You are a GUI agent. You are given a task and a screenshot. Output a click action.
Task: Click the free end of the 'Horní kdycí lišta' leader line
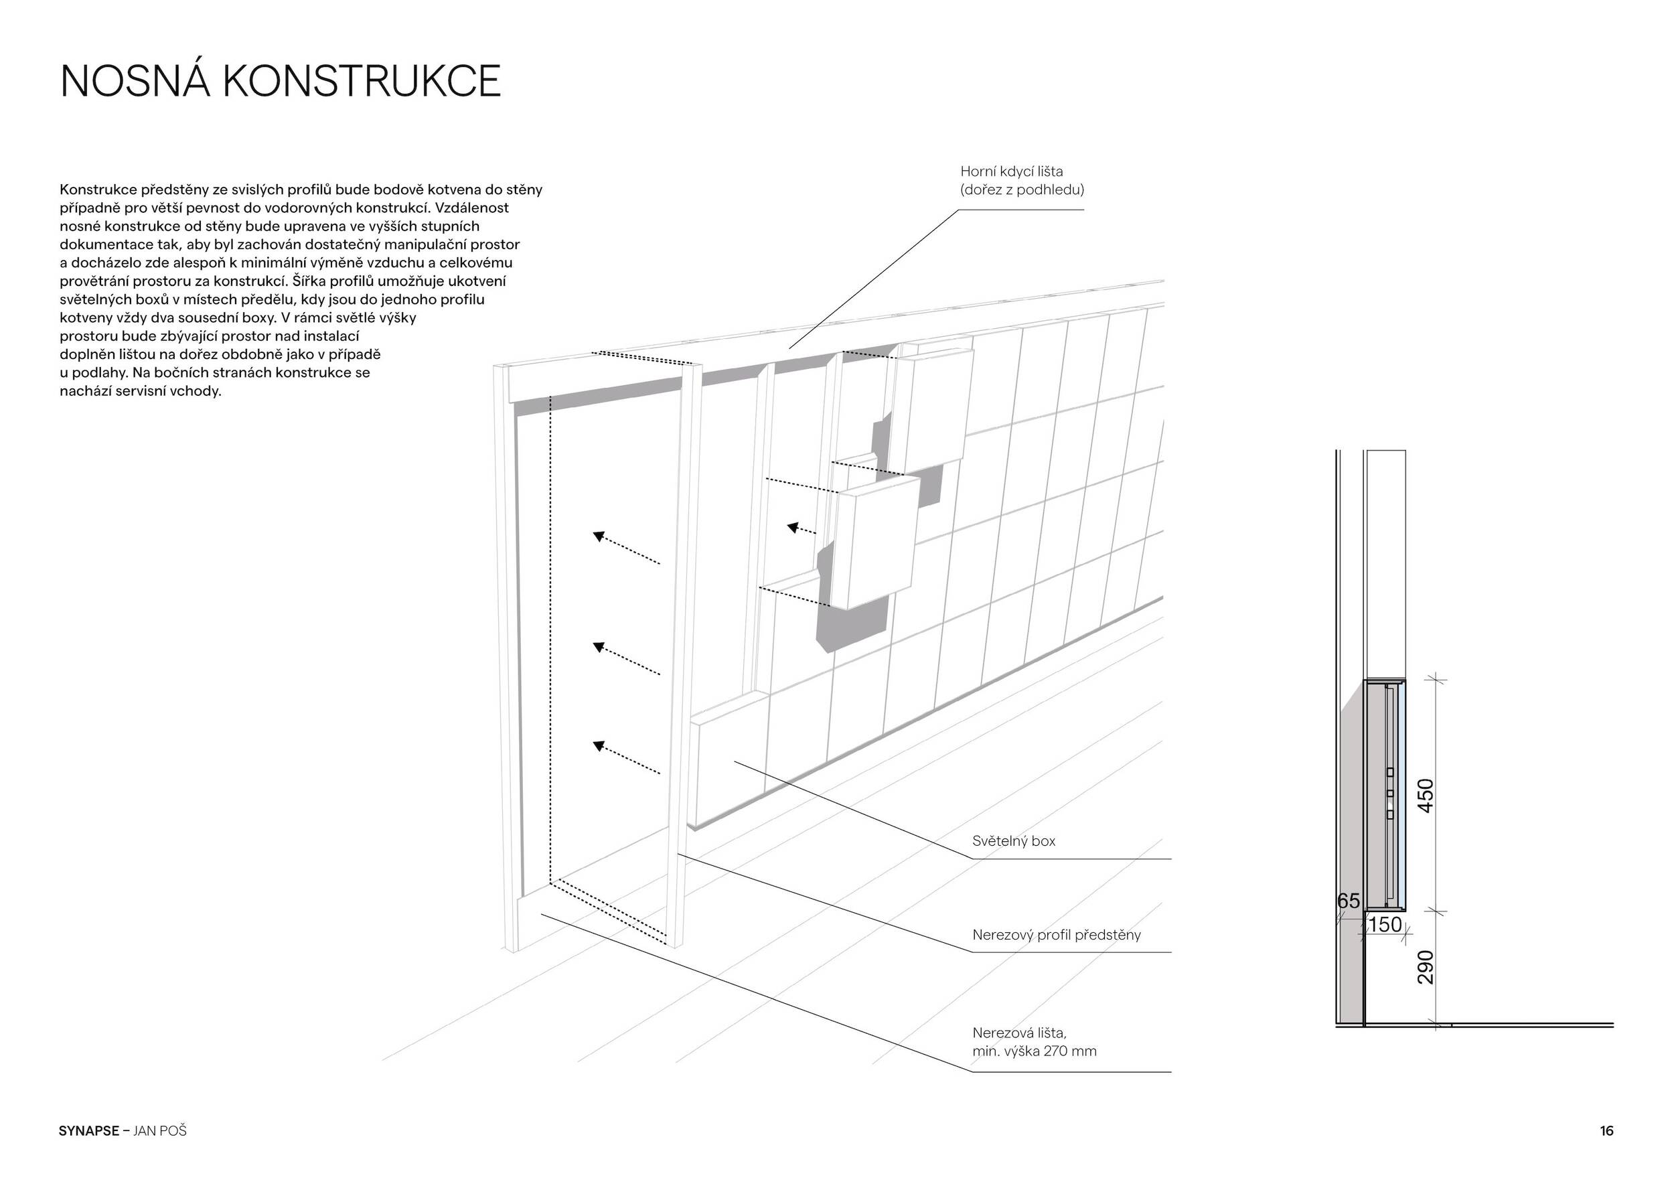[789, 348]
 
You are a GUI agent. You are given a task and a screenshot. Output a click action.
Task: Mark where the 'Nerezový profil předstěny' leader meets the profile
[678, 854]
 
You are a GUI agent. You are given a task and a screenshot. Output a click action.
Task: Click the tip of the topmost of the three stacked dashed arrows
[593, 533]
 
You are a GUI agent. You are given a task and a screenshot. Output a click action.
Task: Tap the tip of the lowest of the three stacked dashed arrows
[593, 742]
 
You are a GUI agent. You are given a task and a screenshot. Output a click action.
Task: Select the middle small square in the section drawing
[1389, 793]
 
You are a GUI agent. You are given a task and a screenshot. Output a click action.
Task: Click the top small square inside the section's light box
[1389, 772]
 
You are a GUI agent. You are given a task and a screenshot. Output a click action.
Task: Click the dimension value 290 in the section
[1426, 968]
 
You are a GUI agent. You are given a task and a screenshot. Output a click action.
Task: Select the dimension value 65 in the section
[1348, 901]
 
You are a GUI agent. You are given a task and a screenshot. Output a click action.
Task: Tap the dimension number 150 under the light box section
[1385, 924]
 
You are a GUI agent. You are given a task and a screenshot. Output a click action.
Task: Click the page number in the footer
[1607, 1131]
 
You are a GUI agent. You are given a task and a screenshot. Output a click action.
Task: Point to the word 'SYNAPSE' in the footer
[89, 1131]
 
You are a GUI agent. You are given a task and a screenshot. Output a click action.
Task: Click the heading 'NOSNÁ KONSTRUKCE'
[281, 80]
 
